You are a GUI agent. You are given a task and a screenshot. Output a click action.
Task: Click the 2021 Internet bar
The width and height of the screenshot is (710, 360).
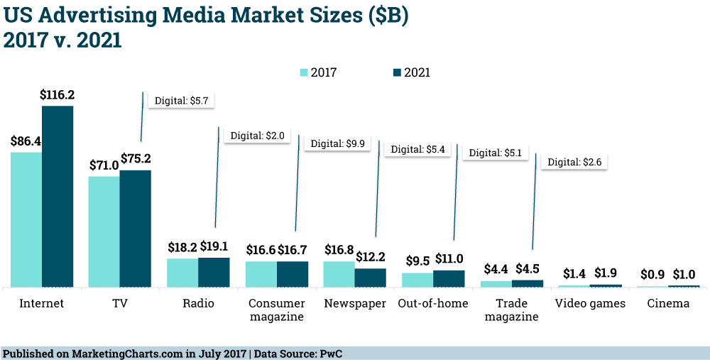click(x=58, y=196)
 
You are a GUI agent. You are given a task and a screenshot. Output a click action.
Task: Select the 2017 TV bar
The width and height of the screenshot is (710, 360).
click(x=104, y=231)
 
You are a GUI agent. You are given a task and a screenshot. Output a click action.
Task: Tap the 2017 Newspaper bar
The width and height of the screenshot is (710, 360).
click(x=339, y=274)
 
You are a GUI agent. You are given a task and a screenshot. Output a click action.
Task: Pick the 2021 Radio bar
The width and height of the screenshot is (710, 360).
click(x=214, y=273)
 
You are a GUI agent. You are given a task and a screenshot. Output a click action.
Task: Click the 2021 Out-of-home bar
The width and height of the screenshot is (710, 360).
click(x=449, y=278)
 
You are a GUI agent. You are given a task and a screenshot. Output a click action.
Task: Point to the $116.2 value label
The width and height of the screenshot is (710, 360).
click(x=58, y=94)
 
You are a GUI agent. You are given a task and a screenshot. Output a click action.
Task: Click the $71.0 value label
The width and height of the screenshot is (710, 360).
click(x=104, y=165)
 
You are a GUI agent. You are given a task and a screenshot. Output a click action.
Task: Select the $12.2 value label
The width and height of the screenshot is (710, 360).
click(x=371, y=256)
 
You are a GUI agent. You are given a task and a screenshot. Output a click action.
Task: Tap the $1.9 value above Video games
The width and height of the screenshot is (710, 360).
click(x=606, y=273)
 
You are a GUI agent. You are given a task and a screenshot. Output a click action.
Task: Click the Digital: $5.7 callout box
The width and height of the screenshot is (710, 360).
click(x=180, y=101)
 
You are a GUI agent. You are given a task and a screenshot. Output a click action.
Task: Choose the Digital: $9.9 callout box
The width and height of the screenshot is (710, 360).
click(x=338, y=143)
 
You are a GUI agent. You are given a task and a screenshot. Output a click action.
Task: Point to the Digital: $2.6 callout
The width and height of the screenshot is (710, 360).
click(x=575, y=162)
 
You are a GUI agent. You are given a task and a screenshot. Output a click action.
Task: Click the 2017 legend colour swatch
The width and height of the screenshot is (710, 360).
click(x=304, y=72)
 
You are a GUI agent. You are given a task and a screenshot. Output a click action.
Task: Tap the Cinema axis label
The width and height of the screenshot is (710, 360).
click(x=668, y=303)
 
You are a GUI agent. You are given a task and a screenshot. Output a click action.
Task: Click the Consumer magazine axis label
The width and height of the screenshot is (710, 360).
click(x=276, y=310)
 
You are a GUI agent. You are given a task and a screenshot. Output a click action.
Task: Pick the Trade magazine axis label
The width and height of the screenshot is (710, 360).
click(x=511, y=310)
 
